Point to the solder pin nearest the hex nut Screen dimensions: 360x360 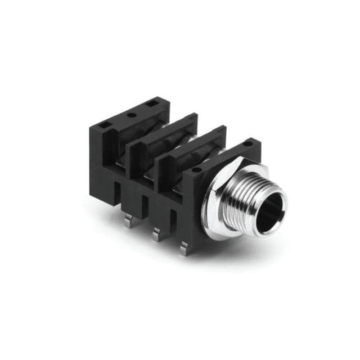coord(184,248)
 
